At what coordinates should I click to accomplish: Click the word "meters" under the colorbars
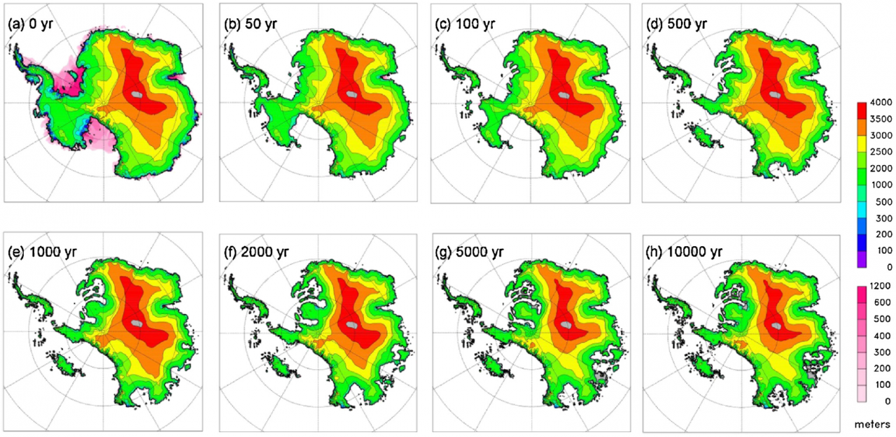point(871,424)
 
